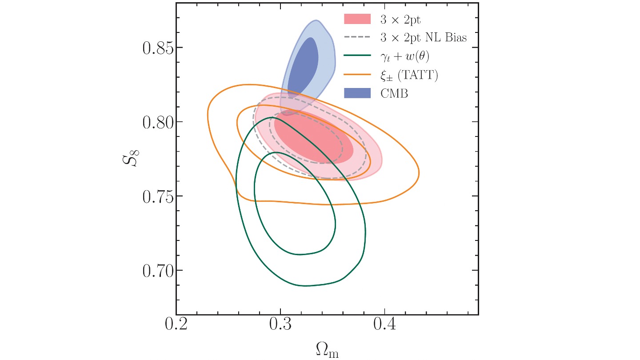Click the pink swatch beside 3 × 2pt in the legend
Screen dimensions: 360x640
tap(357, 19)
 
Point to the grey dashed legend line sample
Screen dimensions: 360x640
tap(357, 38)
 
